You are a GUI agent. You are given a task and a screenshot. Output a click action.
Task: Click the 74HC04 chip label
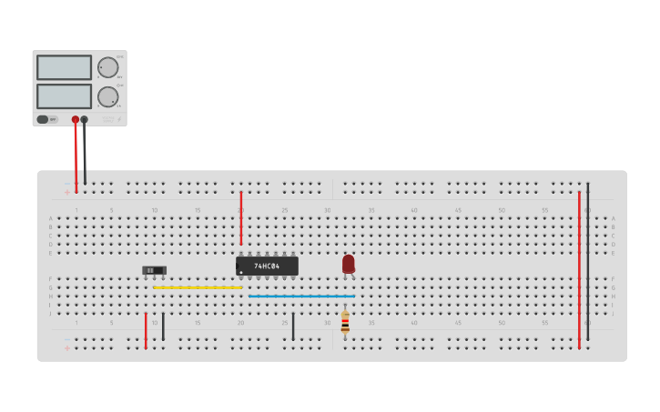[267, 266]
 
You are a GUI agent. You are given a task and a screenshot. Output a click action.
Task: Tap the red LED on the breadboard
[349, 263]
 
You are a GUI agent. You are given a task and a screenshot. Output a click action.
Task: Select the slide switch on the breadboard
[155, 270]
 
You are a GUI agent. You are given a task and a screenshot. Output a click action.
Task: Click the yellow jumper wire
[198, 287]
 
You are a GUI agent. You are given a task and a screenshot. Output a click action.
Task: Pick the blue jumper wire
[301, 296]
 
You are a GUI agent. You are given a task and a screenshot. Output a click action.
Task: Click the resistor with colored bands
[345, 323]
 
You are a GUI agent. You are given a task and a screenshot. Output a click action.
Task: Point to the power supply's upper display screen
[64, 67]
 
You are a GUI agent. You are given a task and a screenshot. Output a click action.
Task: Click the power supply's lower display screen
[64, 95]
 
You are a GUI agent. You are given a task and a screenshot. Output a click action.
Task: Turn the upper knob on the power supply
[107, 67]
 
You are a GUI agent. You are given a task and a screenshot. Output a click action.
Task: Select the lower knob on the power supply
[107, 96]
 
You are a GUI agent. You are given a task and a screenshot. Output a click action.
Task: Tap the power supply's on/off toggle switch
[43, 119]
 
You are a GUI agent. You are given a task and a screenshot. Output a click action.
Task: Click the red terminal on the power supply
[76, 119]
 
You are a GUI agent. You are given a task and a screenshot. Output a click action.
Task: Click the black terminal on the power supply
[85, 119]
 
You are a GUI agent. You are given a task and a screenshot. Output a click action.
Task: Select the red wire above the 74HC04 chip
[241, 218]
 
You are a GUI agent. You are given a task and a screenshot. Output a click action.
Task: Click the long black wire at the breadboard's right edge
[587, 264]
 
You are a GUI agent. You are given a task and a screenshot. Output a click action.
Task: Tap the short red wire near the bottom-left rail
[146, 330]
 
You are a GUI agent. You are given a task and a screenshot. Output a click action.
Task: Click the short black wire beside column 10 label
[163, 327]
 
